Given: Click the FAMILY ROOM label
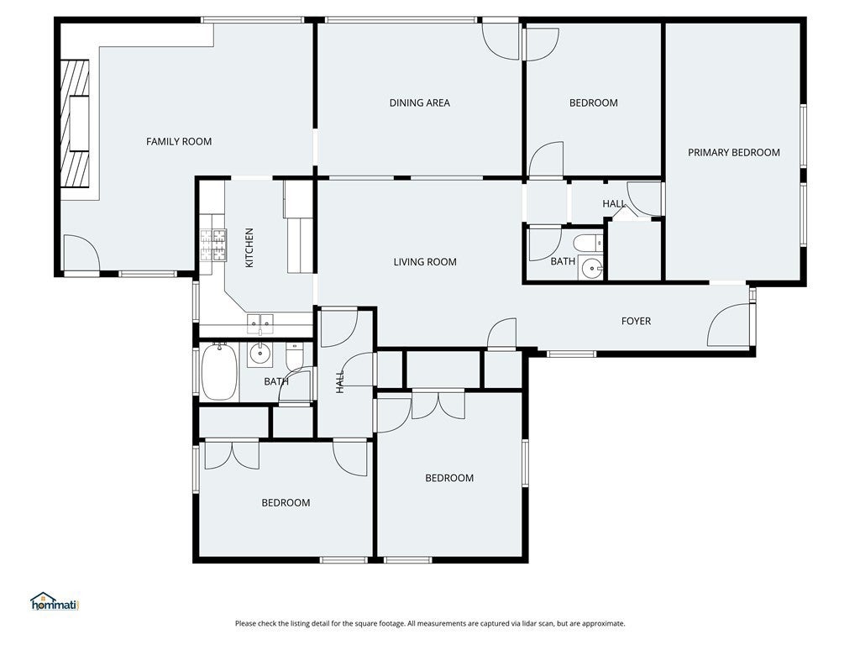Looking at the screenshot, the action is pos(179,141).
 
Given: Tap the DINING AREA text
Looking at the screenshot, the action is pos(420,102).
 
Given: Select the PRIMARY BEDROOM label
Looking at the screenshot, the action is pos(734,153).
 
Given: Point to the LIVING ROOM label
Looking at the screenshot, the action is pos(425,262).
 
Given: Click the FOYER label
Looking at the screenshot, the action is pos(637,321).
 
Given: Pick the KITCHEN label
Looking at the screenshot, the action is pos(249,248).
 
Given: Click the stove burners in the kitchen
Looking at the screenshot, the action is pos(213,244).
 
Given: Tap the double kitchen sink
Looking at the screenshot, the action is pos(260,323).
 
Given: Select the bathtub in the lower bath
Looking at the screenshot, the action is pos(219,372).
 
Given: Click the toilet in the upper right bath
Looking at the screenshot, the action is pos(588,242).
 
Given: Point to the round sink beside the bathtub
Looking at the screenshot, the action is pos(260,354).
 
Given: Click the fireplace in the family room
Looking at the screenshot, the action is pos(75,123).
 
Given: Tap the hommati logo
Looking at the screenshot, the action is pos(55,601).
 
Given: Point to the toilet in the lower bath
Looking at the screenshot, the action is pos(295,357).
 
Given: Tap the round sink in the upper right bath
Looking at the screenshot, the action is pos(592,268).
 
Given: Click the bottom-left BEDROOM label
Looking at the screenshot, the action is pos(286,503).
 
